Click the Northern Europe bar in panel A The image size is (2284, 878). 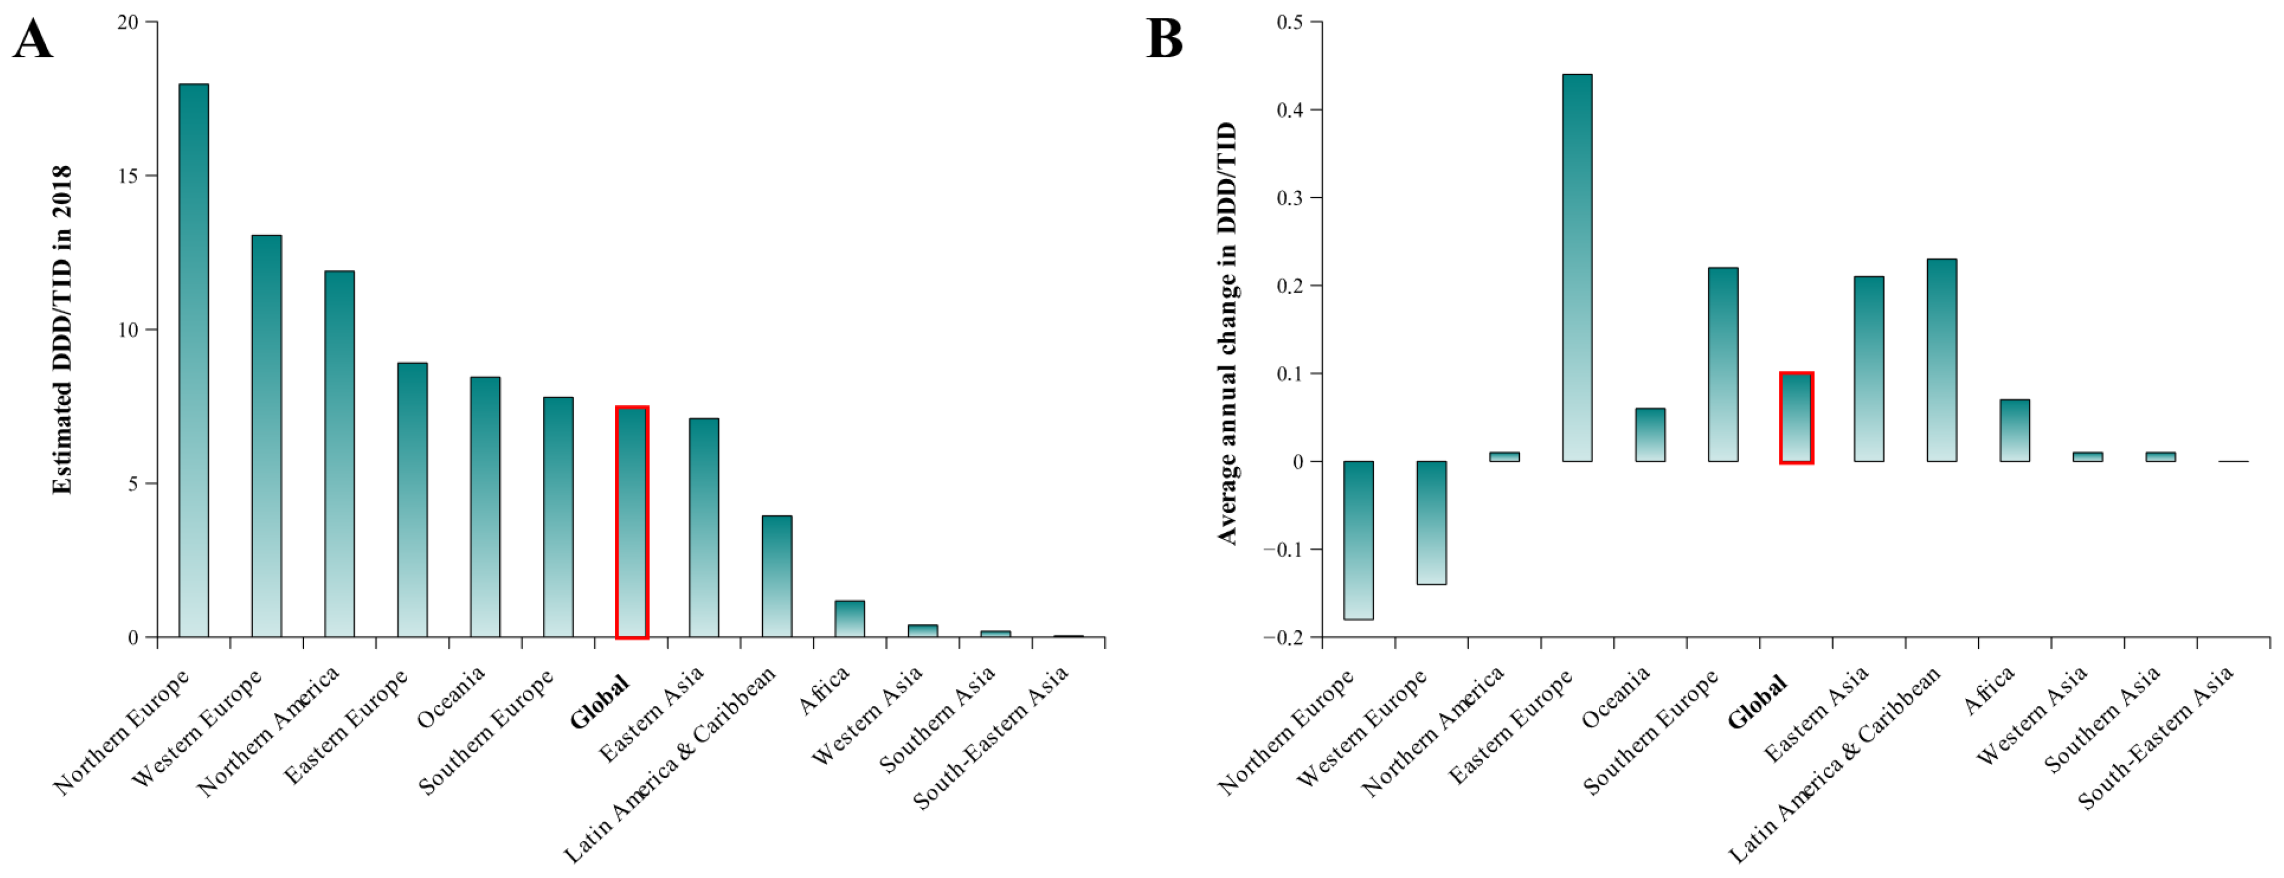click(x=193, y=360)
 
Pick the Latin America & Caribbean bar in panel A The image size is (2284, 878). click(x=777, y=576)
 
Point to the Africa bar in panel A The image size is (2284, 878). click(x=849, y=619)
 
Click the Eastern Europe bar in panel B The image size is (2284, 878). click(x=1578, y=268)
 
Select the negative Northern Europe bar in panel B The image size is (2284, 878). click(x=1358, y=540)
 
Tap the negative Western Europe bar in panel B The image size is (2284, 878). click(x=1431, y=522)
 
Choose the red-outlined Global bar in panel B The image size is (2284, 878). click(x=1796, y=418)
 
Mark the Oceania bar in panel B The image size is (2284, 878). click(x=1650, y=434)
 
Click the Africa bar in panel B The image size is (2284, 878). click(x=2015, y=430)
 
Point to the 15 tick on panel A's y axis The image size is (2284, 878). click(x=150, y=175)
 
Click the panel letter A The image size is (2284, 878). click(x=33, y=40)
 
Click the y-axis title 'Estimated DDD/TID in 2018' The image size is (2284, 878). click(x=61, y=330)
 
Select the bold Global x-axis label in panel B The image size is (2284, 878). click(x=1757, y=702)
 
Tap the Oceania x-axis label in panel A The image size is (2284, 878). click(x=451, y=696)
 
